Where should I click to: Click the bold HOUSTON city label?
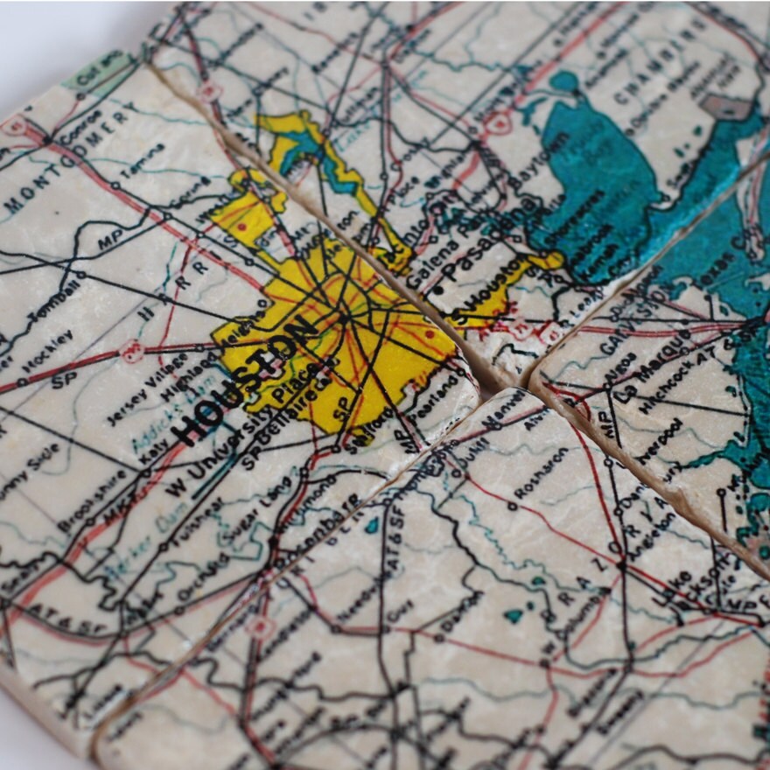(x=244, y=381)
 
